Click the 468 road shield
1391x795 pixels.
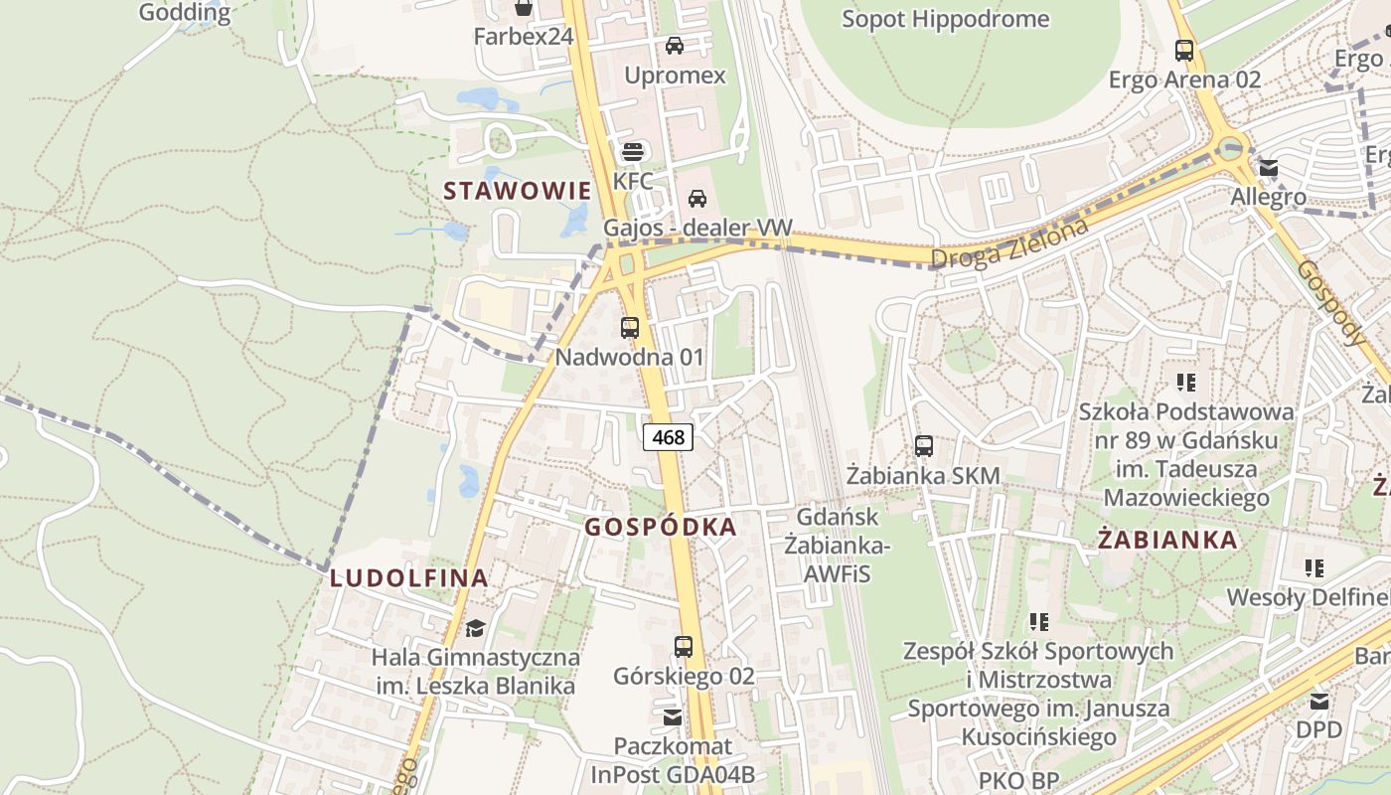point(668,436)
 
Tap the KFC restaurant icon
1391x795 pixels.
point(633,152)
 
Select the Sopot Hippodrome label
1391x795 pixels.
point(945,19)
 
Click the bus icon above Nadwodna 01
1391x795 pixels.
point(629,327)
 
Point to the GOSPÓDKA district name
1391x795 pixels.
point(661,527)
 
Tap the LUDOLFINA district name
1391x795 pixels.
point(408,577)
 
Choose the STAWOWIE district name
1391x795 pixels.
point(517,191)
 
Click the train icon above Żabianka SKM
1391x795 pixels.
point(924,446)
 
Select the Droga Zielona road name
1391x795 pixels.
point(1009,243)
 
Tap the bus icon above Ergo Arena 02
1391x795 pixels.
point(1183,50)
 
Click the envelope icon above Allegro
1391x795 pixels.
point(1268,168)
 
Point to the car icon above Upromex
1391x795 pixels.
point(675,46)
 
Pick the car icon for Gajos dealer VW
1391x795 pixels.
point(697,199)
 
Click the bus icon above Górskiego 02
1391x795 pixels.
point(684,647)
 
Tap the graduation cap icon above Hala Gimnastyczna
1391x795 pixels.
point(475,628)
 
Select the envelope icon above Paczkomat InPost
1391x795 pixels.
point(673,716)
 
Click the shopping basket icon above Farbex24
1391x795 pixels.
point(523,8)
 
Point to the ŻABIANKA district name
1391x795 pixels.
point(1167,540)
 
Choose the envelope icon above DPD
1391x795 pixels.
point(1318,701)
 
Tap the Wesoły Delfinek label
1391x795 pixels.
point(1308,597)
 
